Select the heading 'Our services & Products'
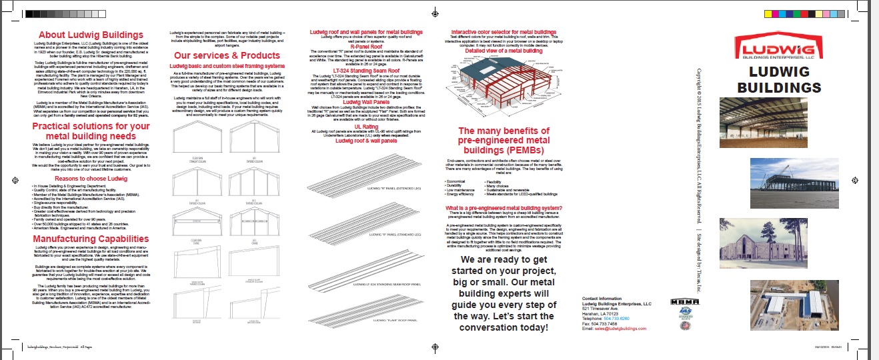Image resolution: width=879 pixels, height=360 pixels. tap(227, 55)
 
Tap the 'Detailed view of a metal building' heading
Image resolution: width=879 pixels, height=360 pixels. tap(504, 51)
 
